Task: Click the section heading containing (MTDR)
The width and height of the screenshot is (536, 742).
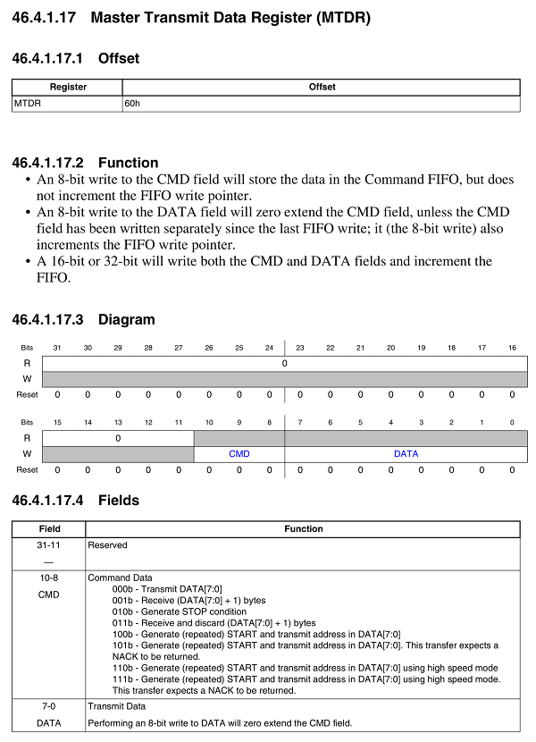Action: (x=191, y=17)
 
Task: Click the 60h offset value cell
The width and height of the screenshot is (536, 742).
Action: (x=132, y=104)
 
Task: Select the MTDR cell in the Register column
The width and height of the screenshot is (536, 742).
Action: (x=27, y=104)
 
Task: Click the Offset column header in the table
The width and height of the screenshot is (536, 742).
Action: (x=322, y=87)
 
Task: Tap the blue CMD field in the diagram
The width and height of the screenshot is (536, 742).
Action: (x=239, y=453)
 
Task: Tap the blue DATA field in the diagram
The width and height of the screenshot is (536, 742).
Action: (x=406, y=453)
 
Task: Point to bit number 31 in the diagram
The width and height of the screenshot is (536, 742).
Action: (x=57, y=347)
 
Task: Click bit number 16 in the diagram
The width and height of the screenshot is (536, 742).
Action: (x=512, y=347)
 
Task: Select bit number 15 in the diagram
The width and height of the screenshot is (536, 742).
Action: (x=57, y=422)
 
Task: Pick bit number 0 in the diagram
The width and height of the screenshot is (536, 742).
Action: (x=512, y=422)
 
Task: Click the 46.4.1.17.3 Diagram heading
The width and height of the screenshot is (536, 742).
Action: (x=83, y=320)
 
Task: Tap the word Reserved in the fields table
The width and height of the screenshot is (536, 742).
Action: (x=107, y=544)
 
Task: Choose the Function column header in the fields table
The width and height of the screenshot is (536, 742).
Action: (x=304, y=528)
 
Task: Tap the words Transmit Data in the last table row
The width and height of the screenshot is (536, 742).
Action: (x=116, y=706)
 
